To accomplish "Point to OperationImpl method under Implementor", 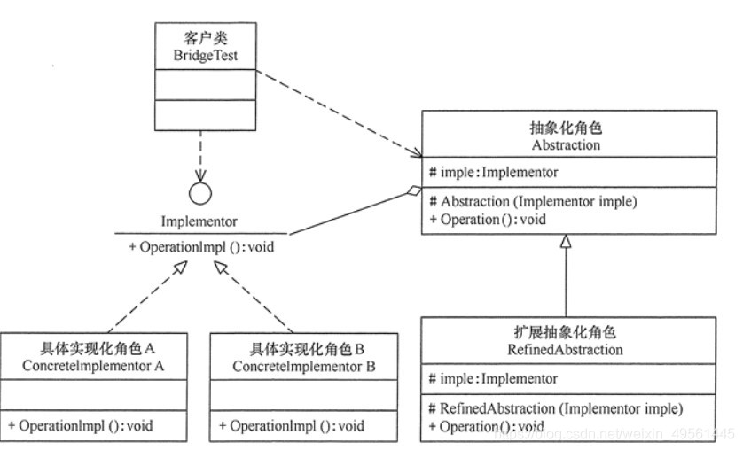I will (201, 246).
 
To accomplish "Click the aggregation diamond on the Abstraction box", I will (412, 190).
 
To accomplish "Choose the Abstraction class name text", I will (565, 144).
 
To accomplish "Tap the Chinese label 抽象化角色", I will (565, 128).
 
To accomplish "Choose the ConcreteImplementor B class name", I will (304, 365).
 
